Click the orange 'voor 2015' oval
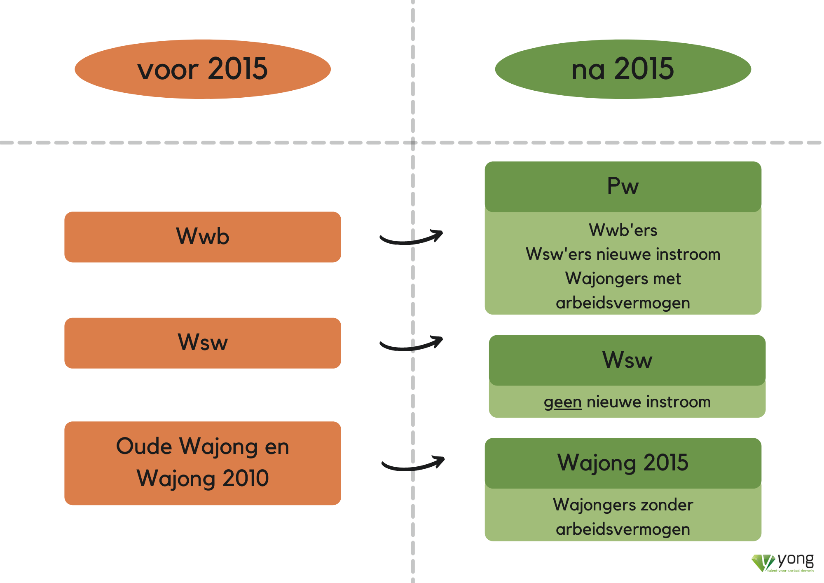pyautogui.click(x=203, y=69)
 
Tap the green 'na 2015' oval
pyautogui.click(x=623, y=69)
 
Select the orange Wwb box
pyautogui.click(x=203, y=237)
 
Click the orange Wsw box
pyautogui.click(x=203, y=343)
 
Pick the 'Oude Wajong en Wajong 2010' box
pyautogui.click(x=203, y=463)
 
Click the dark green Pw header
pyautogui.click(x=623, y=186)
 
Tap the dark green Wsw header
pyautogui.click(x=627, y=360)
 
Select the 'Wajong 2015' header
pyautogui.click(x=623, y=463)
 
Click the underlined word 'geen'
pyautogui.click(x=562, y=402)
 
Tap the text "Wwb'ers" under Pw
pyautogui.click(x=623, y=230)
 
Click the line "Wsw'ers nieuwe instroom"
pyautogui.click(x=623, y=254)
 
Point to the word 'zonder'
pyautogui.click(x=667, y=505)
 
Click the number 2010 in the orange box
pyautogui.click(x=246, y=478)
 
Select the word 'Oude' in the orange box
pyautogui.click(x=144, y=446)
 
